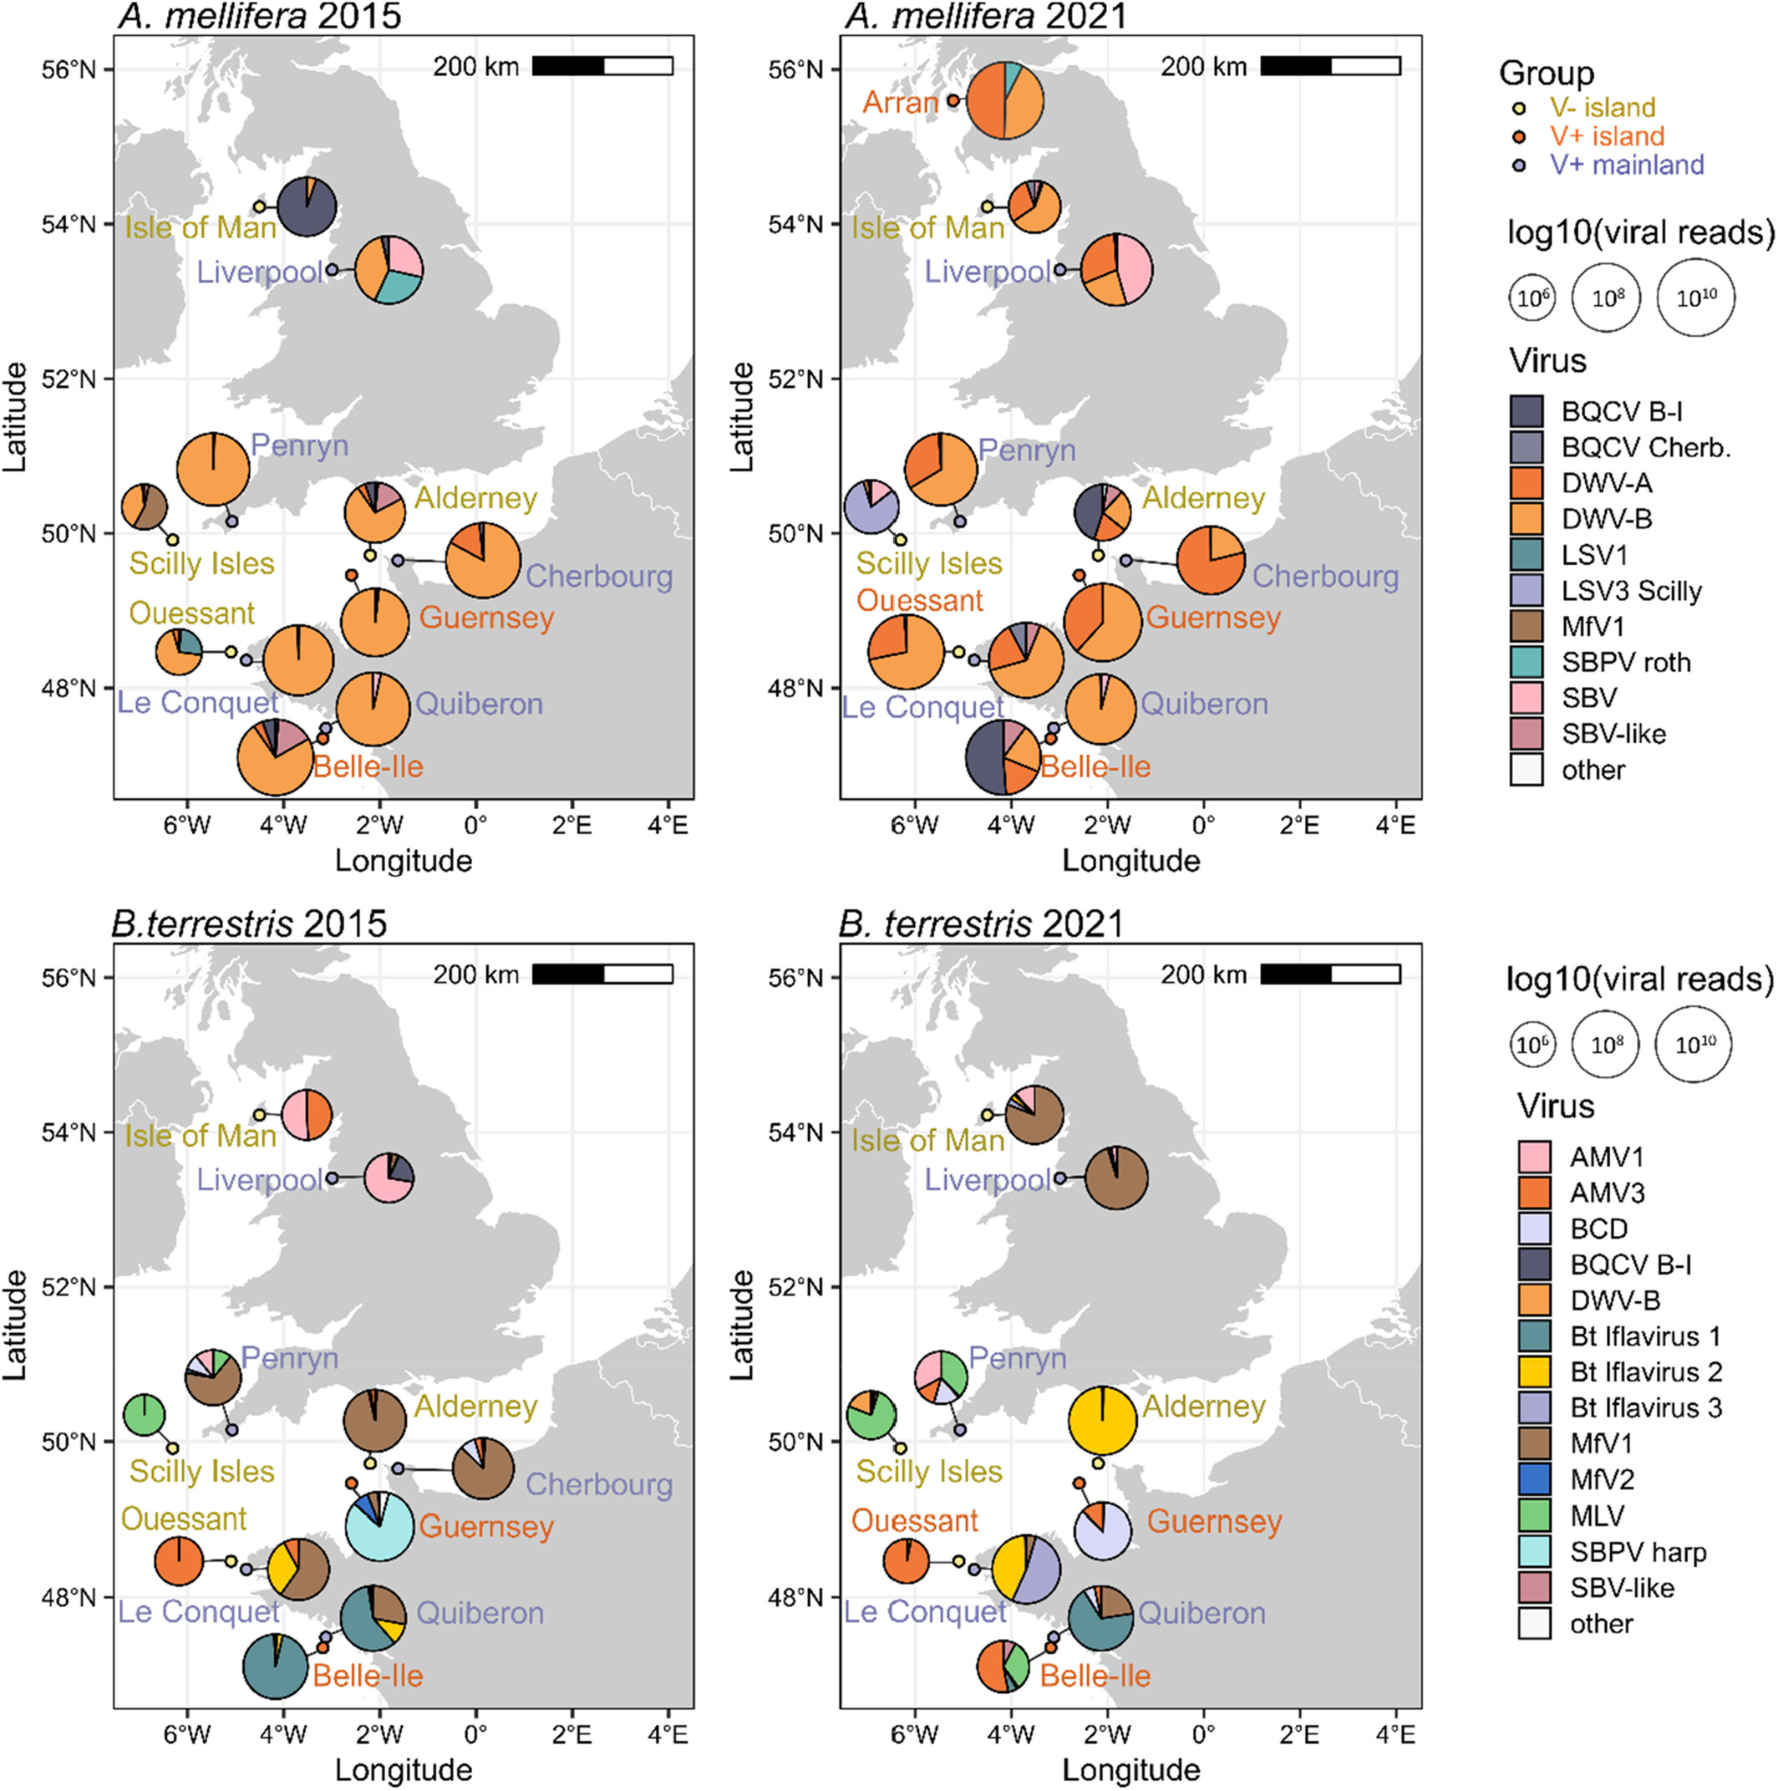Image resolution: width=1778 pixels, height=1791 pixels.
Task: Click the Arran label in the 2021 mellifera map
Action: tap(900, 102)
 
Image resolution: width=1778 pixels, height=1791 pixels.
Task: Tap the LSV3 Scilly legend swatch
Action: tap(1526, 591)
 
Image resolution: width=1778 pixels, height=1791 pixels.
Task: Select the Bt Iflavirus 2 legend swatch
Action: tap(1534, 1371)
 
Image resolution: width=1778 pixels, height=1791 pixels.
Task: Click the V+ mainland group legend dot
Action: tap(1519, 165)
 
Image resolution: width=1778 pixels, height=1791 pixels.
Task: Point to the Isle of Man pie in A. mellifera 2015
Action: tap(307, 206)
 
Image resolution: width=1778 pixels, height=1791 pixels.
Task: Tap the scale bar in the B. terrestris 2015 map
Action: tap(602, 974)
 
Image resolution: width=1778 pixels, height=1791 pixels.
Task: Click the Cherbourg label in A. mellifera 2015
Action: tap(599, 577)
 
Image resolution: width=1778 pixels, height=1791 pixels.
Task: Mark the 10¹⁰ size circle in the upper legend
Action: tap(1694, 298)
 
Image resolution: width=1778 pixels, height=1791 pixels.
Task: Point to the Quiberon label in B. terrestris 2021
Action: tap(1201, 1613)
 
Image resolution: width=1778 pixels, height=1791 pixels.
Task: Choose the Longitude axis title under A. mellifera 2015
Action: tap(404, 860)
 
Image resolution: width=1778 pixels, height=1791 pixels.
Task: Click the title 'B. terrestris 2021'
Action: tap(981, 924)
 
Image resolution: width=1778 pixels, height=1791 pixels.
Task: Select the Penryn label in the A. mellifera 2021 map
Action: tap(1026, 450)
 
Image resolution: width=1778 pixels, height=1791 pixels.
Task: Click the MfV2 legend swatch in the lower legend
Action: tap(1534, 1479)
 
